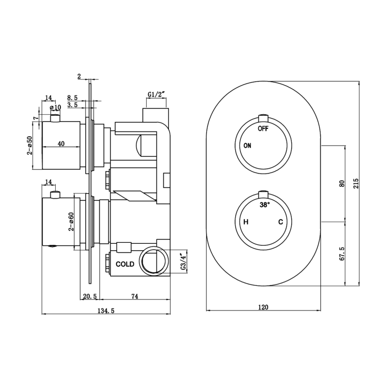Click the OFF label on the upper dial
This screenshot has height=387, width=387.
pos(263,129)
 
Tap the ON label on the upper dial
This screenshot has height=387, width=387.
pos(247,146)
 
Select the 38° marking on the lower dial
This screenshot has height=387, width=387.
pos(264,205)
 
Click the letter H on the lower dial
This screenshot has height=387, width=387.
pos(246,222)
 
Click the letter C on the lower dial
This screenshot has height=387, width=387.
pos(280,222)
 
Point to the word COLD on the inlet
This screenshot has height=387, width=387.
pos(125,265)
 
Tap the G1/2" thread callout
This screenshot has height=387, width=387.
pos(156,94)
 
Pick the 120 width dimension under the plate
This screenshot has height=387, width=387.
pos(263,307)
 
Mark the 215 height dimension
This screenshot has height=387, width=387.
pos(356,183)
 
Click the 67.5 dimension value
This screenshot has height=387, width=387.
pos(342,254)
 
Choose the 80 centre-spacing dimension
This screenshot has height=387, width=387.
pos(342,183)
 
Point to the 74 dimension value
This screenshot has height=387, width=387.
pos(135,296)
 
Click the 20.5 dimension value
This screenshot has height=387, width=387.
pos(90,296)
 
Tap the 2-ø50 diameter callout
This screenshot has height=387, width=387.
pos(30,145)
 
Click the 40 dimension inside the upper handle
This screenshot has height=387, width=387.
pos(61,143)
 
